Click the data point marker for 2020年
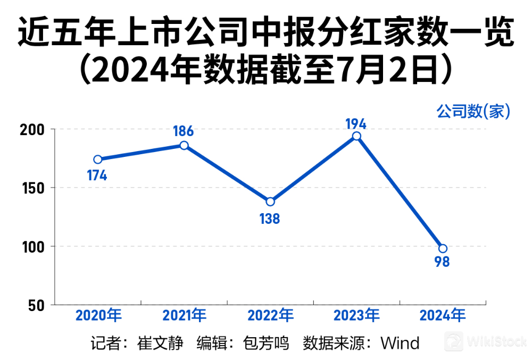98,160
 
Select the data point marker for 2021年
184,145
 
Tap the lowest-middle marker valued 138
270,202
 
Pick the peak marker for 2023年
356,136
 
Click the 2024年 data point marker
443,248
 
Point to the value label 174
97,175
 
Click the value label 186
183,131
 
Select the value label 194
356,124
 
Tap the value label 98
442,262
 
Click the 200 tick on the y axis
32,130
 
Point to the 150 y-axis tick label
33,188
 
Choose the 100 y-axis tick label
33,247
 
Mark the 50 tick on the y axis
37,306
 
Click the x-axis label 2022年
271,315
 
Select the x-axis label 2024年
443,315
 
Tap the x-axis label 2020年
98,315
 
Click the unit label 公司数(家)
473,111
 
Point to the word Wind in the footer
400,343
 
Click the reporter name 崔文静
160,343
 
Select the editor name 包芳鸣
266,343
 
